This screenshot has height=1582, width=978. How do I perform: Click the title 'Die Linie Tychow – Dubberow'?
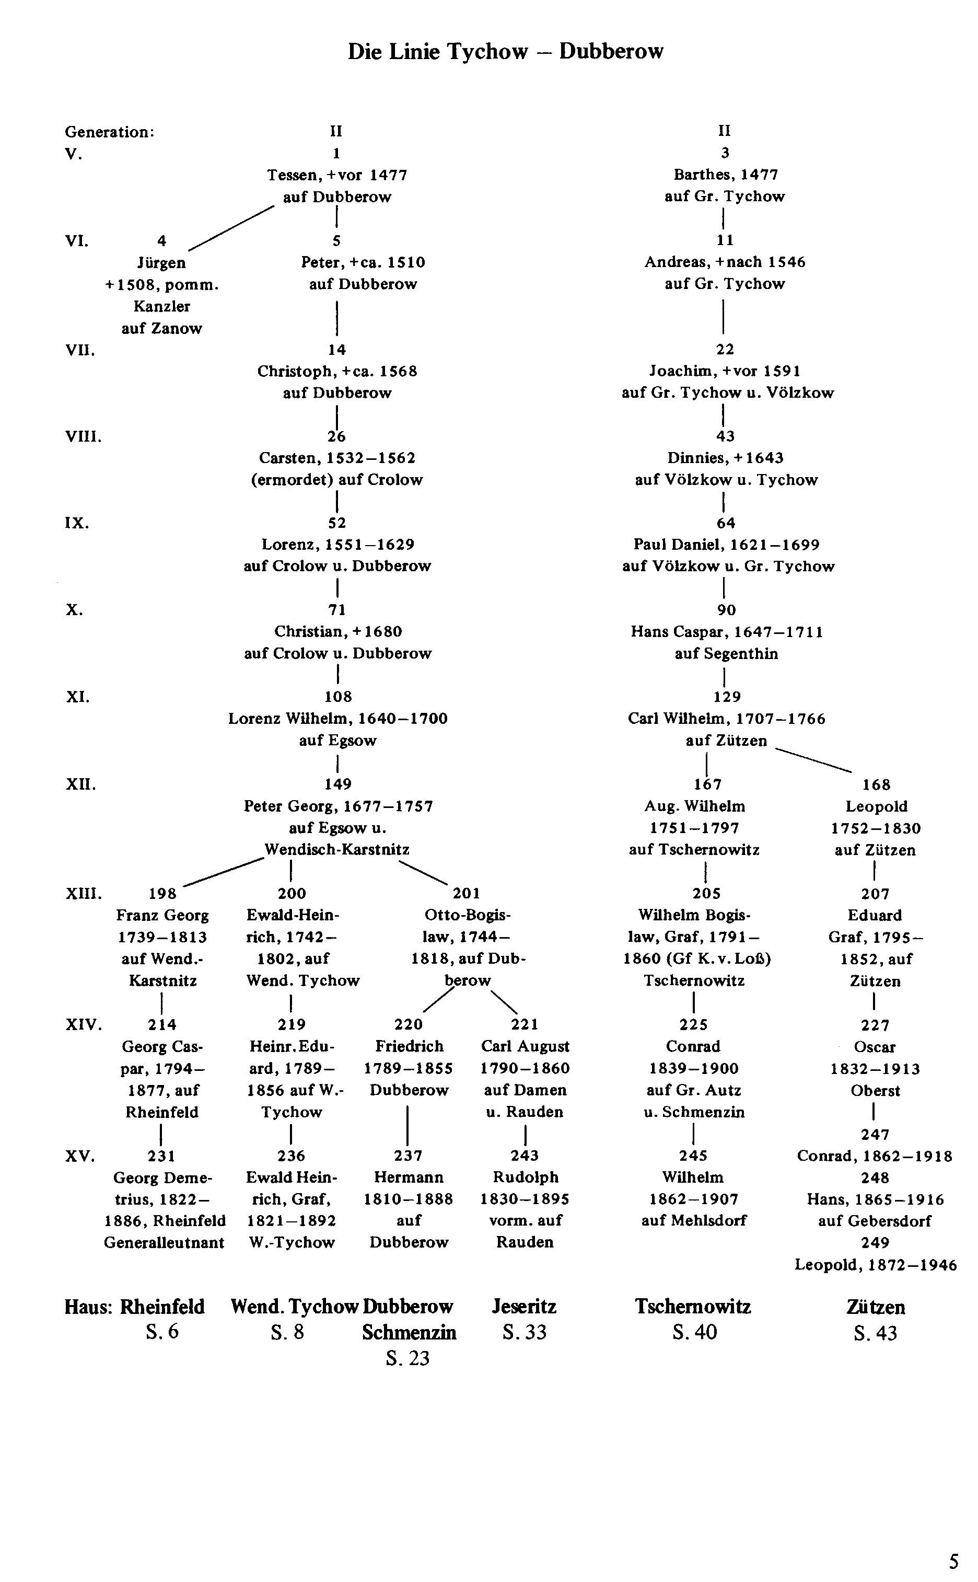point(506,52)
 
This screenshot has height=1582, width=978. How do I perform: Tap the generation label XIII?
point(84,894)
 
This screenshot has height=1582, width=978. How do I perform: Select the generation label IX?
point(77,523)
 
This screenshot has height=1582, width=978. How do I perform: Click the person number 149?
point(337,784)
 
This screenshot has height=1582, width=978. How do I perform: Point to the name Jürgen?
point(162,263)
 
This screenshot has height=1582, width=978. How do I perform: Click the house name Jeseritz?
point(524,1307)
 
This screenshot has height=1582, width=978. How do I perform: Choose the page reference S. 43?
point(875,1334)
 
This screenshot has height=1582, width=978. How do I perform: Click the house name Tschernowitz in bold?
point(693,1307)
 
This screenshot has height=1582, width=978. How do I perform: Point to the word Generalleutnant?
point(164,1243)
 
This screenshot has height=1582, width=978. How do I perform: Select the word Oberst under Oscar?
point(875,1091)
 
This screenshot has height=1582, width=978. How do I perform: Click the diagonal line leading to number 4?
point(231,228)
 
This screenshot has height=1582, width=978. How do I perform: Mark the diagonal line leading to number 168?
point(814,760)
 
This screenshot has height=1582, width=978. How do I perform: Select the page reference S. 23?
point(407,1359)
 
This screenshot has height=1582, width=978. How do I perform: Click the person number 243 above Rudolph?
point(524,1156)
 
